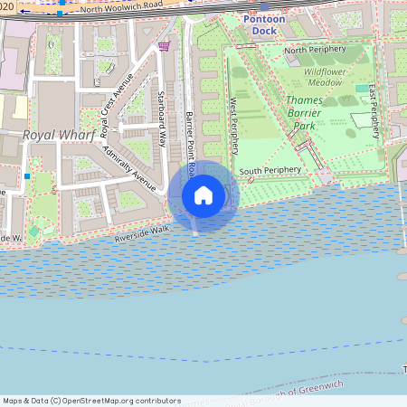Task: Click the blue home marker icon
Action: click(x=203, y=195)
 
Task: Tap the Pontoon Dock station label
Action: click(x=264, y=24)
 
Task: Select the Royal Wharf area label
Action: click(x=52, y=135)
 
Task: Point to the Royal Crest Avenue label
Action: click(x=117, y=105)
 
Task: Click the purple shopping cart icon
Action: click(x=164, y=45)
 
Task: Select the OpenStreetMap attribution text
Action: click(x=92, y=401)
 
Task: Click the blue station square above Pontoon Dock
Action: click(x=264, y=6)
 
